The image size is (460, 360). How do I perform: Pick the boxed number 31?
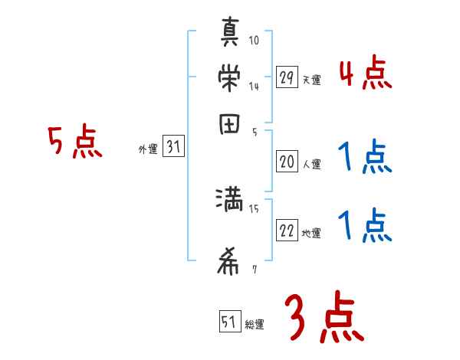click(173, 148)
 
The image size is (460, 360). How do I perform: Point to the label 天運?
click(311, 80)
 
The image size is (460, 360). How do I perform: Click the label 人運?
click(311, 164)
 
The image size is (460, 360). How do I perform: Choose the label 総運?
click(255, 325)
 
